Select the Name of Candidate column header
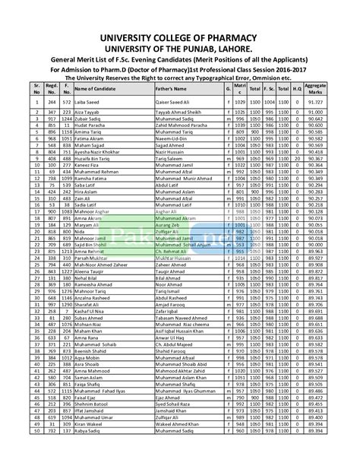tap(94, 89)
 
